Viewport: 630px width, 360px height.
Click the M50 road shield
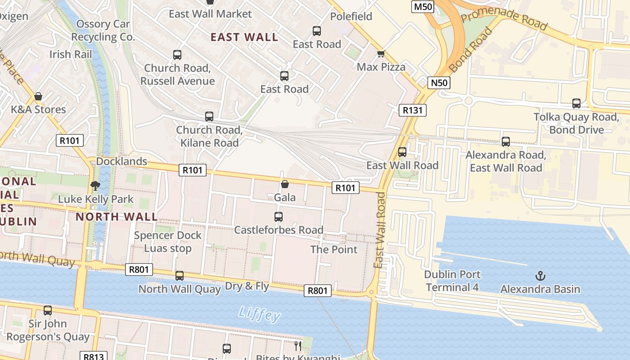click(x=423, y=6)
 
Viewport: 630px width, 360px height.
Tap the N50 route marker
click(x=439, y=82)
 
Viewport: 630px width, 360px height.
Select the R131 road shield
click(x=412, y=110)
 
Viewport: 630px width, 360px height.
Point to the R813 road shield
click(x=94, y=356)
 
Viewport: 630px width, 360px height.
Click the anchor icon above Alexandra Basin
click(x=540, y=275)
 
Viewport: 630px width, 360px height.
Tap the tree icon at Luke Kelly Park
click(x=95, y=185)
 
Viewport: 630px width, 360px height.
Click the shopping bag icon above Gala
click(x=284, y=184)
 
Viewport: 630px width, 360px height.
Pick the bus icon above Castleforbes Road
click(x=279, y=217)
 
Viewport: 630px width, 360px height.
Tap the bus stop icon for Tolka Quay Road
click(x=576, y=103)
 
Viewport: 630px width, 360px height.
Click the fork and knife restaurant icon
click(x=297, y=346)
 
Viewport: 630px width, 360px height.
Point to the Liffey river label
click(x=259, y=314)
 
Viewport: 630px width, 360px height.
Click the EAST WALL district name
click(x=244, y=37)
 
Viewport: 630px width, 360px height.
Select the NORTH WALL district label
click(x=117, y=217)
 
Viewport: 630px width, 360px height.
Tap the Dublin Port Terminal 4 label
click(x=452, y=281)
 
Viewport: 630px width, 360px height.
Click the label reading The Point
click(x=334, y=249)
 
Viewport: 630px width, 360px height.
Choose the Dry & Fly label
click(x=247, y=286)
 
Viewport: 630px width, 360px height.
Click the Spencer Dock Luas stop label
click(x=168, y=242)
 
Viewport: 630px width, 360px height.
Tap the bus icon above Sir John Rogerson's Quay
click(x=48, y=310)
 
